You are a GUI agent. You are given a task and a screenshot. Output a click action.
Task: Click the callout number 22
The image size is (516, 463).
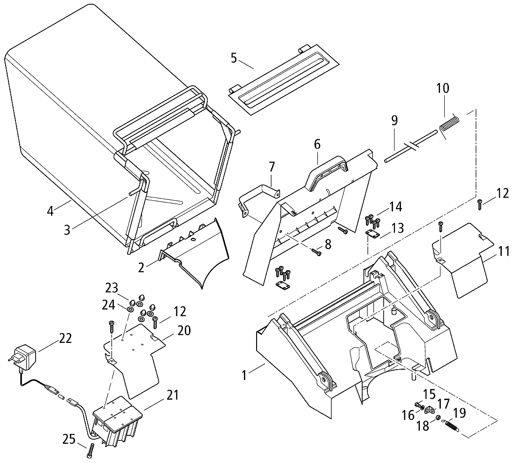66,338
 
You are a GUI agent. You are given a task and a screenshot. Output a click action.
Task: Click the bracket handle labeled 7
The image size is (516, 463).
259,197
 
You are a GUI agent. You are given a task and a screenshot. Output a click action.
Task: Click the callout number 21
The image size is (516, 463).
173,395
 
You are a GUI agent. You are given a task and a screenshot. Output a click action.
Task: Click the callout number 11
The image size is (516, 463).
504,251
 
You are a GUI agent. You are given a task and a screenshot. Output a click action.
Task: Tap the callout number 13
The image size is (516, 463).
397,228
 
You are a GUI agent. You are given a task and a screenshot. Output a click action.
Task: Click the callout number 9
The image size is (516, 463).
395,120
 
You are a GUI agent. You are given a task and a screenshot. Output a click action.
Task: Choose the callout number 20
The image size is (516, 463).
184,330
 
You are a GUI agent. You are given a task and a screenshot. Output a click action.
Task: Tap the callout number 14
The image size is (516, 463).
395,206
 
